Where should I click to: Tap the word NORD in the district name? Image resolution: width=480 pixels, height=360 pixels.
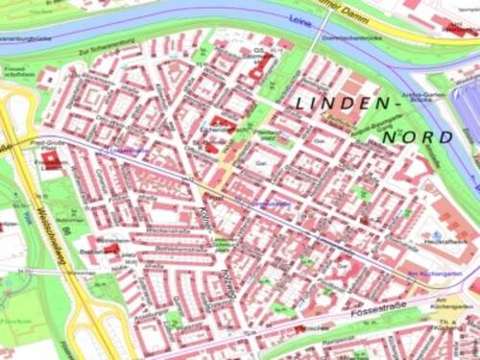point(418,137)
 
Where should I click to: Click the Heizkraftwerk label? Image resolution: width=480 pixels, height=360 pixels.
point(441,245)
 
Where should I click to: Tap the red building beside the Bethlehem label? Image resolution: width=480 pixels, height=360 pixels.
point(112,250)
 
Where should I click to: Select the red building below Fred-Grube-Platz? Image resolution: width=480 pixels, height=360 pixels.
point(50,161)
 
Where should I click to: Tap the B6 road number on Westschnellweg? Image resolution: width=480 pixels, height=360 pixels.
point(70,231)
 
